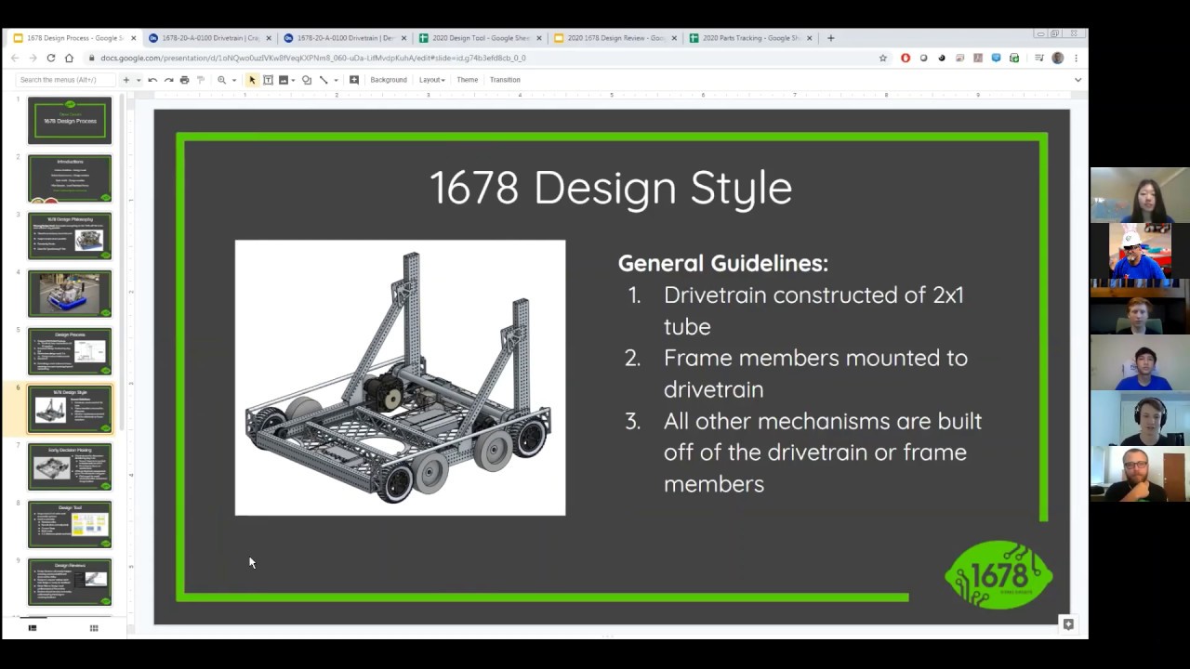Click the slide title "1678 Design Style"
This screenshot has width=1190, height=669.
click(x=611, y=188)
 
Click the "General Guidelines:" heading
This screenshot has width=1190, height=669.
click(x=722, y=263)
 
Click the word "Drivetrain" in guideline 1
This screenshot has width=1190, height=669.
click(x=714, y=295)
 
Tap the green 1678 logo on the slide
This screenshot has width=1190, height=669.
click(x=998, y=575)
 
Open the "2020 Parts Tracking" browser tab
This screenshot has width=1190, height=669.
click(x=748, y=38)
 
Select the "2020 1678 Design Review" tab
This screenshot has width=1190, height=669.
click(x=614, y=38)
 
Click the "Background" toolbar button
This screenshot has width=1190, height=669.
click(x=388, y=80)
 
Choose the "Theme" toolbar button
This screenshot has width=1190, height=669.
click(x=467, y=80)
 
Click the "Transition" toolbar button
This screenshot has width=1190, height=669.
click(x=505, y=80)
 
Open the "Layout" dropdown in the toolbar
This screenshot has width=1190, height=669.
click(x=431, y=80)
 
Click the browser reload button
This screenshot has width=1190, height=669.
click(x=50, y=58)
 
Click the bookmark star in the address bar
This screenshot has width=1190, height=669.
click(x=883, y=58)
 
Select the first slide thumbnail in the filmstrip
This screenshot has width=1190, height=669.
click(x=70, y=120)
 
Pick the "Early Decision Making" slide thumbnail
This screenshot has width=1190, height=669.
click(x=70, y=466)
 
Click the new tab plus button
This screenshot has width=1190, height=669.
click(x=830, y=38)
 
